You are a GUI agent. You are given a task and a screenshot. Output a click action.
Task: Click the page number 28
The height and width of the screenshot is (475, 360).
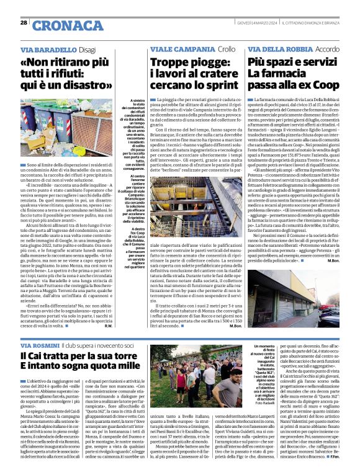pos(24,23)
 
